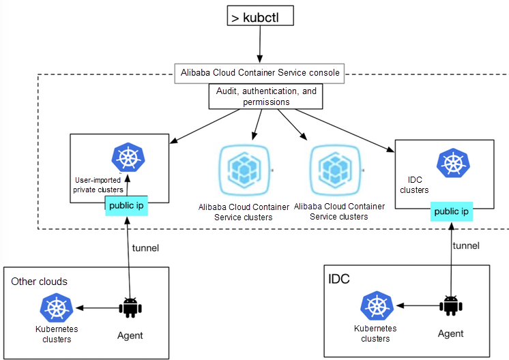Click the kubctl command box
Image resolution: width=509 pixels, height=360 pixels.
click(x=261, y=16)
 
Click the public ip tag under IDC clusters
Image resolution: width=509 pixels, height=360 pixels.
click(x=452, y=211)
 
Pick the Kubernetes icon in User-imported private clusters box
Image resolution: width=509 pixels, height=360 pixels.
click(x=128, y=159)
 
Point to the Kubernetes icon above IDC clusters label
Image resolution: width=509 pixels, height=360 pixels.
click(x=452, y=163)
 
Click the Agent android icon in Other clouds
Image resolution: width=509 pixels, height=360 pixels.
click(x=129, y=308)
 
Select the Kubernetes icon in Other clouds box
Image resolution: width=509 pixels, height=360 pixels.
click(x=57, y=308)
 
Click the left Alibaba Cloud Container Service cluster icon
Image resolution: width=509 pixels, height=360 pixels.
click(x=244, y=170)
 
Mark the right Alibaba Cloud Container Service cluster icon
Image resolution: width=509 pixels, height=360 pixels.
click(x=335, y=170)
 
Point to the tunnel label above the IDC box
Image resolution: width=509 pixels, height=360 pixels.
click(x=466, y=245)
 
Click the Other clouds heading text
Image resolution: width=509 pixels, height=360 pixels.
click(x=40, y=282)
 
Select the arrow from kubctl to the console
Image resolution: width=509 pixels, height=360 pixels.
click(x=260, y=45)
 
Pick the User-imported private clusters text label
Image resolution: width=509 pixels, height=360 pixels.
click(x=99, y=185)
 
